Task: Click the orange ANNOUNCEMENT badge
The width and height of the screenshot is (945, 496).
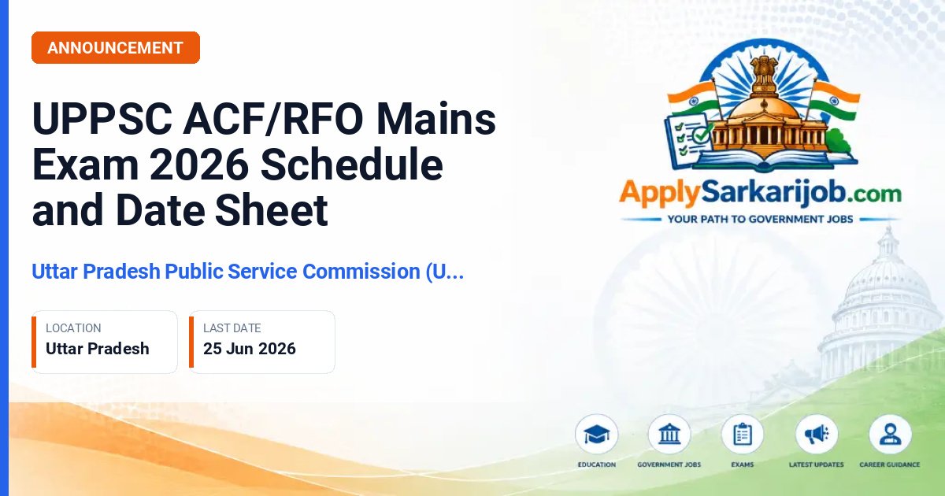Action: click(x=116, y=48)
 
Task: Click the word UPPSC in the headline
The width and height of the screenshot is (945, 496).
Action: click(x=102, y=119)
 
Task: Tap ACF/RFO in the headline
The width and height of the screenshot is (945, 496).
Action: click(x=273, y=118)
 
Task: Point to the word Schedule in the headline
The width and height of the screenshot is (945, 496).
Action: click(x=352, y=164)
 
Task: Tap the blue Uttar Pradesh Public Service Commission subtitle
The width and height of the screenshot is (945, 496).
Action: click(x=248, y=271)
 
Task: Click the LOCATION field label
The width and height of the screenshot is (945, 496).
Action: click(x=73, y=328)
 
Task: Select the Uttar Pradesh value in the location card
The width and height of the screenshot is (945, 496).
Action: click(x=98, y=349)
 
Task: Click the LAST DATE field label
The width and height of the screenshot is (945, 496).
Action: click(x=232, y=328)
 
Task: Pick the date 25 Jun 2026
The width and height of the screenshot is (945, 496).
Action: click(x=250, y=349)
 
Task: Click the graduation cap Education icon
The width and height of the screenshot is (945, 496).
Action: click(x=597, y=435)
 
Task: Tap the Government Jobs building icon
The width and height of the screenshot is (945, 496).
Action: click(x=669, y=435)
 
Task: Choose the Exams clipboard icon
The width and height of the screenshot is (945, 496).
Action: click(x=743, y=435)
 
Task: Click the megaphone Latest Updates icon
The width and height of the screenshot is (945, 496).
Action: click(x=817, y=435)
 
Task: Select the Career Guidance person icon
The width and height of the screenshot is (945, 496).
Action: click(x=890, y=435)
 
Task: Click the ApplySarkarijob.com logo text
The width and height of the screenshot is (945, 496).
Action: click(x=760, y=194)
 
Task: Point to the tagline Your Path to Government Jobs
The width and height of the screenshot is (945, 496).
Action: click(x=760, y=220)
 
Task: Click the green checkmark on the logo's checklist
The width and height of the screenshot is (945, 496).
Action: click(x=702, y=134)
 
